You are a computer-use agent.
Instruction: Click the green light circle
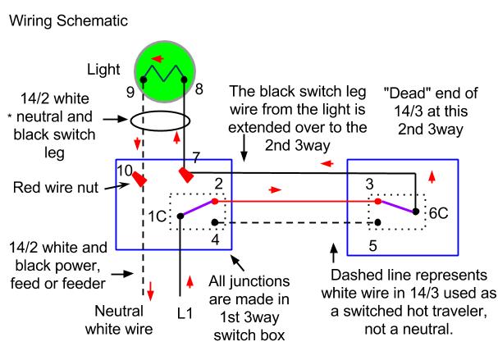click(165, 71)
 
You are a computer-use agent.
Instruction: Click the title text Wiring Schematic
click(68, 21)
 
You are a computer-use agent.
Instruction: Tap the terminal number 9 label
click(130, 92)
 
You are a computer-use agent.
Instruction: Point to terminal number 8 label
click(199, 89)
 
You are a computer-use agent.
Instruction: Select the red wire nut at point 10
click(139, 179)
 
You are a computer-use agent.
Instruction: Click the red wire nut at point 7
click(186, 175)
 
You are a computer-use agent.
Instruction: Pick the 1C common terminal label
click(158, 216)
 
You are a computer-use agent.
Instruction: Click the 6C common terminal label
click(438, 213)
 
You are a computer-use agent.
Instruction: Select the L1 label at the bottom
click(185, 313)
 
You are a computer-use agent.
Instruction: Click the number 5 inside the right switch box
click(372, 246)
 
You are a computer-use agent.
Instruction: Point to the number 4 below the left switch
click(215, 239)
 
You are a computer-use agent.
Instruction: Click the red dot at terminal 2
click(215, 201)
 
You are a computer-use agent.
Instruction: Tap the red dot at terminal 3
click(377, 201)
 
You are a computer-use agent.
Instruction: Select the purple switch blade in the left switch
click(198, 208)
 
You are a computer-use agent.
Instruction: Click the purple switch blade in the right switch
click(397, 207)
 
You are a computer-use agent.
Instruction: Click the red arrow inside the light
click(158, 59)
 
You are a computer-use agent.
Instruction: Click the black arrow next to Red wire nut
click(117, 186)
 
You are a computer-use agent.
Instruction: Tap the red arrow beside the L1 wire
click(190, 282)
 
